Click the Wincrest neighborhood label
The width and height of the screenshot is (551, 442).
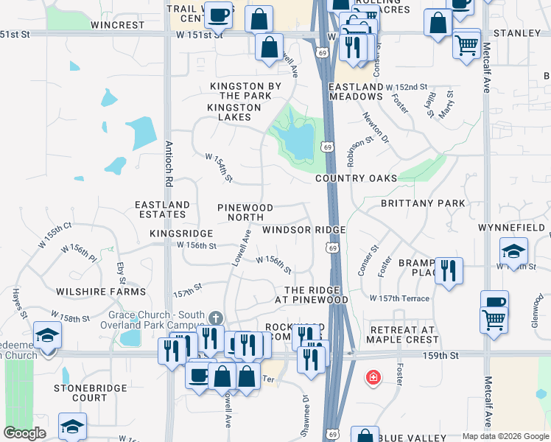point(118,25)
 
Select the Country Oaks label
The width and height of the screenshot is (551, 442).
point(356,178)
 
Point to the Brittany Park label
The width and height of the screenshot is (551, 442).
point(423,203)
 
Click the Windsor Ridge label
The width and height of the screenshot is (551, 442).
point(304,230)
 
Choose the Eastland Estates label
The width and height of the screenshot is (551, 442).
point(162,209)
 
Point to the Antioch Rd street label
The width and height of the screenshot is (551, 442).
point(169,162)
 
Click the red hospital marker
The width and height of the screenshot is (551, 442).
point(373,378)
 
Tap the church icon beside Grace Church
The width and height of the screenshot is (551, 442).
point(215,318)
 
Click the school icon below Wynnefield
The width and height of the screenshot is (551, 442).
point(513,249)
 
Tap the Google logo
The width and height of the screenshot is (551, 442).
point(25,433)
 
